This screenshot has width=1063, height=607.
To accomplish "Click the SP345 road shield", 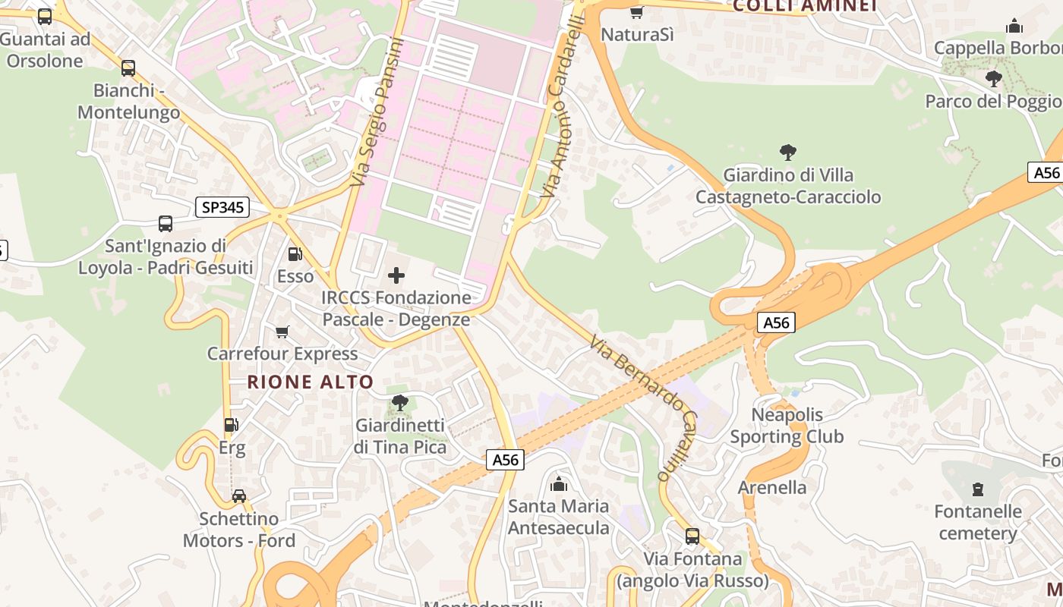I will (x=222, y=207).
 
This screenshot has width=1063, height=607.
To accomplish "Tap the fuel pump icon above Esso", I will (x=295, y=254).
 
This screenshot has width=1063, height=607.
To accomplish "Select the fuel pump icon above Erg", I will (x=232, y=426).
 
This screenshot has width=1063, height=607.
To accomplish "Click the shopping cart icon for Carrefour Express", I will (x=282, y=332).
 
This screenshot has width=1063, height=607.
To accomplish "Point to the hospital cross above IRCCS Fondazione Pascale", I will (x=396, y=275).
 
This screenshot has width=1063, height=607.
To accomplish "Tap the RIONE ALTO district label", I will (x=311, y=382).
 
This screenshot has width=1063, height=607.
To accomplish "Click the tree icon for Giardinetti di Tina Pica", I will (x=399, y=403).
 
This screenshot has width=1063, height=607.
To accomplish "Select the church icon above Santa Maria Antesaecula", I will (x=559, y=483).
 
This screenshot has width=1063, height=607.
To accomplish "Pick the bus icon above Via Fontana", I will (x=692, y=536).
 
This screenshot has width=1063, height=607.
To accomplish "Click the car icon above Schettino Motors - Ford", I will (x=239, y=496).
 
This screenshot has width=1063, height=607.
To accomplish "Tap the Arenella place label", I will (x=772, y=487).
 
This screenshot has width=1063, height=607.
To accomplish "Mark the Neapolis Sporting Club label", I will (x=787, y=426).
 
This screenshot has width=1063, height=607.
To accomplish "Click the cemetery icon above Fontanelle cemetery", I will (x=978, y=489).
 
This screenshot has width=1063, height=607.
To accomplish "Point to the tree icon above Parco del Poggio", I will (x=993, y=78).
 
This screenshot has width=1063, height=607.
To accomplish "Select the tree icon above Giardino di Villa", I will (x=788, y=153).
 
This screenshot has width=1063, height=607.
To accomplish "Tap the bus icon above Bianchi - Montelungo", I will (x=128, y=68).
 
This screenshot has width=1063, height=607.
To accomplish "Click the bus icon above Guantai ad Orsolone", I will (x=45, y=16).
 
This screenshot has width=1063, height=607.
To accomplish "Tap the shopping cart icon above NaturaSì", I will (x=637, y=12).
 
